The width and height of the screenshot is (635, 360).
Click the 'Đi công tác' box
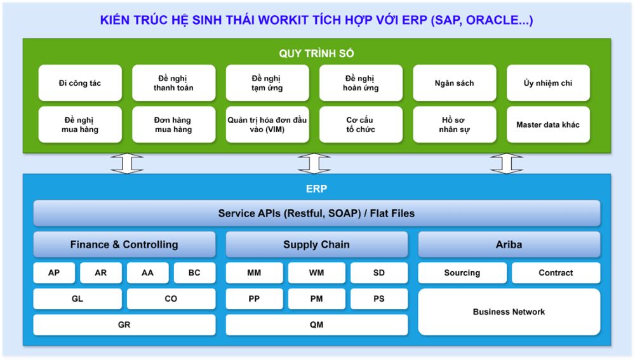pyautogui.click(x=80, y=83)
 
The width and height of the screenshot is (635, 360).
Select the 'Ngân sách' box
pyautogui.click(x=454, y=83)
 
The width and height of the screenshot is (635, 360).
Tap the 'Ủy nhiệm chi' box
pyautogui.click(x=548, y=83)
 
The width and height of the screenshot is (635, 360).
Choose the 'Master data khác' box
pyautogui.click(x=548, y=124)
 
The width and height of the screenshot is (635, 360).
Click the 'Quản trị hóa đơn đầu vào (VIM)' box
pyautogui.click(x=267, y=124)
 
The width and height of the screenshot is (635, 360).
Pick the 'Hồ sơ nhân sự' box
pyautogui.click(x=454, y=124)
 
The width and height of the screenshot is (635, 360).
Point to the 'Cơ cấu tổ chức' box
pyautogui.click(x=360, y=124)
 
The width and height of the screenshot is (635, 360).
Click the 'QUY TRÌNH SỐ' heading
pyautogui.click(x=317, y=53)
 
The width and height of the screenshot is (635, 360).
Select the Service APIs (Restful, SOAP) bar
pyautogui.click(x=316, y=213)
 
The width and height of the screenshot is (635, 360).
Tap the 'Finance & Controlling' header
pyautogui.click(x=124, y=244)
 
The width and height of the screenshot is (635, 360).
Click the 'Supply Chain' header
pyautogui.click(x=316, y=244)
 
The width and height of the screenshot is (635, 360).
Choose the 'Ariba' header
pyautogui.click(x=509, y=244)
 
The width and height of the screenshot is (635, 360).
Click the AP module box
pyautogui.click(x=54, y=273)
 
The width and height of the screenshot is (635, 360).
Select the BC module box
pyautogui.click(x=194, y=273)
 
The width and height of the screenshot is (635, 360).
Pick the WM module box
pyautogui.click(x=316, y=273)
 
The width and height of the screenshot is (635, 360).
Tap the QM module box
pyautogui.click(x=316, y=325)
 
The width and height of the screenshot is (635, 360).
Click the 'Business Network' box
pyautogui.click(x=509, y=312)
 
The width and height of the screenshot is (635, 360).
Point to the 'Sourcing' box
pyautogui.click(x=462, y=273)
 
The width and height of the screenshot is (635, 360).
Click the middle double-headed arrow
pyautogui.click(x=314, y=163)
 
